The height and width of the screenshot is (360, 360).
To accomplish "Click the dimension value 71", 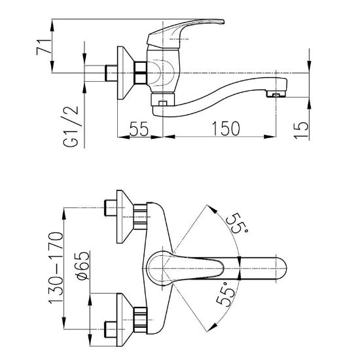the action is coord(44,47).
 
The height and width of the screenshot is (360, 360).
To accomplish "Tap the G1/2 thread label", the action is coord(70,126).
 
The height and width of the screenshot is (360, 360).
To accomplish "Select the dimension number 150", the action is coord(225,128).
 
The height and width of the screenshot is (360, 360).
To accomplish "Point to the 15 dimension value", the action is coord(300,130).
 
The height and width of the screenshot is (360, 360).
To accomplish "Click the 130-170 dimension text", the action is coord(56,268).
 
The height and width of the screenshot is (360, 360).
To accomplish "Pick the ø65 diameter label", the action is coord(83,266).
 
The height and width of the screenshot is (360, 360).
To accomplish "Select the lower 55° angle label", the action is coord(226,295).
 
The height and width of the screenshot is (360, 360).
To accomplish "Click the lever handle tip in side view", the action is coord(223,22).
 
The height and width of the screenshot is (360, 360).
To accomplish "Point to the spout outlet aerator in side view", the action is coord(276,94).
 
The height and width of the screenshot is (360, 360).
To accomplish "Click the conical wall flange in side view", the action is coord(126,73).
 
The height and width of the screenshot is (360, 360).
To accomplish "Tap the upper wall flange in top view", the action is coord(125,217).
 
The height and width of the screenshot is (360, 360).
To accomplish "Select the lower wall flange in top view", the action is coord(125,320).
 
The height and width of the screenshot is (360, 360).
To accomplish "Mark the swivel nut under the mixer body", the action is coord(163,99).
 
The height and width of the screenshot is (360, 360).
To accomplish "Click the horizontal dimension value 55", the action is coord(139,128).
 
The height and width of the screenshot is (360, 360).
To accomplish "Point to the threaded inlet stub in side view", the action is coord(111,73).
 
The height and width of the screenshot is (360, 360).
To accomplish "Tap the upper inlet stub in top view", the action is coord(111,207).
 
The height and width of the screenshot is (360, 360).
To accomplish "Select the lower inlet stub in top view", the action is coord(111,329).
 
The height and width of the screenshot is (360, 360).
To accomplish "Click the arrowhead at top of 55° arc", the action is coord(212,209).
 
